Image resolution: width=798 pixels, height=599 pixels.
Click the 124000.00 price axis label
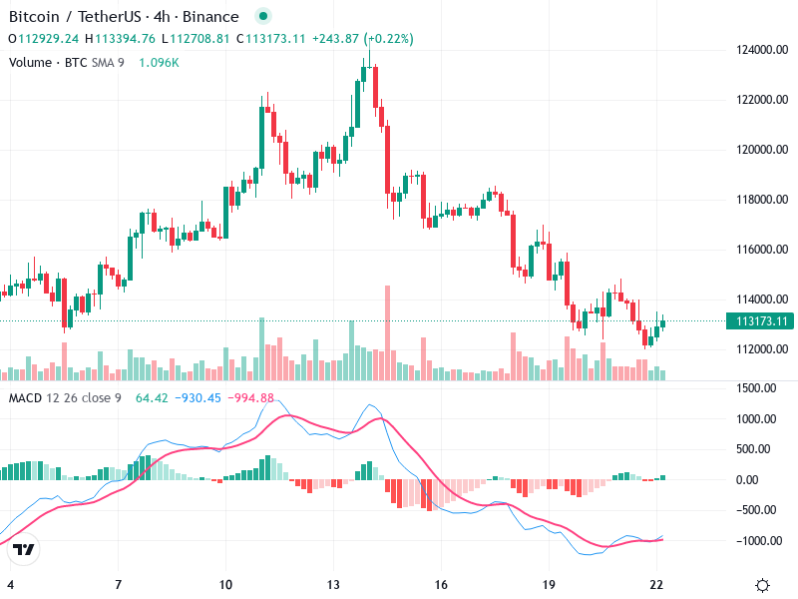pos(750,50)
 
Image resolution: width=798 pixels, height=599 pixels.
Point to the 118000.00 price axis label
pos(750,200)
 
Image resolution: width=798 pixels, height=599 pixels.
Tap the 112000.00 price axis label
pos(750,349)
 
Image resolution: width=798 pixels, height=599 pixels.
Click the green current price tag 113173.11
pos(761,321)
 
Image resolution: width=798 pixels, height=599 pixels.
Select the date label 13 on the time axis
pos(333,584)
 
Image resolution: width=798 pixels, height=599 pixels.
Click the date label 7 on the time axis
pos(118,584)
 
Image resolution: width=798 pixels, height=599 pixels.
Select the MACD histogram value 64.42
pos(151,398)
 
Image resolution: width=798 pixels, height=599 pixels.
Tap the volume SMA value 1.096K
pos(159,62)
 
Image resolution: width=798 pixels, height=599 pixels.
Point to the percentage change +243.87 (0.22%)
pos(363,39)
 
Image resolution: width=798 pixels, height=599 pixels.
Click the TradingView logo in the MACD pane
pos(23,549)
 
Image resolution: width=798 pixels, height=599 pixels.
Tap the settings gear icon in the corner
pos(762,584)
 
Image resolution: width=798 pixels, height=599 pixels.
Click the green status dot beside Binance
pos(262,17)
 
